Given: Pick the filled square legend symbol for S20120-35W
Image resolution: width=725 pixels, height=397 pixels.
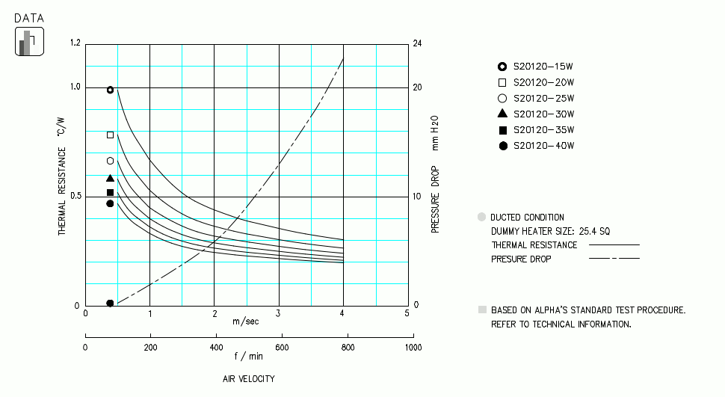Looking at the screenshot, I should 503,130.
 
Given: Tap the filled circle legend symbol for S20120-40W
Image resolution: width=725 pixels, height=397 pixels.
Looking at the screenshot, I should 503,146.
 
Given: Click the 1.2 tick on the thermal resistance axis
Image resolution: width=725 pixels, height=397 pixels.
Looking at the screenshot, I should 75,43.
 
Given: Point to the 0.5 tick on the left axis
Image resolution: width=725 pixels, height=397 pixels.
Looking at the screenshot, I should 74,197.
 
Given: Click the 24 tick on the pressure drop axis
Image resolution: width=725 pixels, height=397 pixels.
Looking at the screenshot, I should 417,43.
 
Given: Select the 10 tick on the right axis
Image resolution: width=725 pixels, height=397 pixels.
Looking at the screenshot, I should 417,197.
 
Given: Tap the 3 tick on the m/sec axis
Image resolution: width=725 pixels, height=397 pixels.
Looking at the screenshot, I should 279,313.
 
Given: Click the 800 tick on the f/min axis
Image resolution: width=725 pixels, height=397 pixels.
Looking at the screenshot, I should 347,348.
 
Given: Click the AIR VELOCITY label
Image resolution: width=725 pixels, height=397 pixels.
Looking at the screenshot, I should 249,379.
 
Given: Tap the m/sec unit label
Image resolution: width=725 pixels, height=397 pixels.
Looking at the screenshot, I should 247,321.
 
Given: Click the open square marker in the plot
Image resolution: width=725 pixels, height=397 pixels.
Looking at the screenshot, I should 111,135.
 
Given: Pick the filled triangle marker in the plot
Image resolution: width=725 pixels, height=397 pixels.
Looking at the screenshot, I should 111,178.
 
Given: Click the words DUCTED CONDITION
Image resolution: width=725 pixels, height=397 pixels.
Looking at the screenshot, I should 527,218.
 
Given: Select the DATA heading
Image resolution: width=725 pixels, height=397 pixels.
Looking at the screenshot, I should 29,16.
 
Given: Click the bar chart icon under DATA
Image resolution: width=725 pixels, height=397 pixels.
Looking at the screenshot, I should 29,42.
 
